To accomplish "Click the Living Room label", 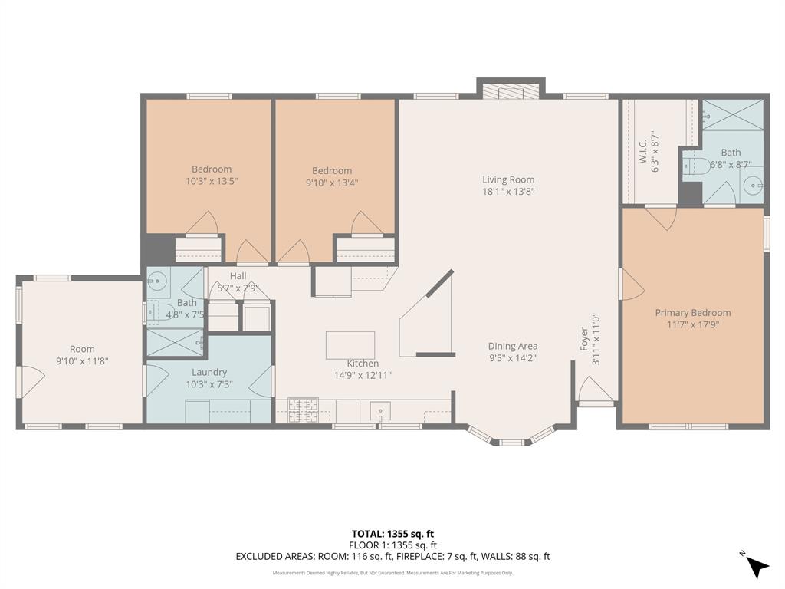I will (508, 179).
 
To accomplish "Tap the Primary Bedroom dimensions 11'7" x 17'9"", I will (692, 324).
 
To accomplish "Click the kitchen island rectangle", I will (350, 344).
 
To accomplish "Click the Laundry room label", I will (209, 373).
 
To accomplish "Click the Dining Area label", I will (513, 346).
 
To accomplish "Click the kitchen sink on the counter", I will (381, 412).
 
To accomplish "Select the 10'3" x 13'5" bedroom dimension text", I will (212, 182).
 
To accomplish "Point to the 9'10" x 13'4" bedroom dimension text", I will (332, 183).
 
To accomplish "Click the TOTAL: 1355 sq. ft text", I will (392, 534).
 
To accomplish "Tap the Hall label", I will (238, 276).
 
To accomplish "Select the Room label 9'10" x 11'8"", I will (82, 360).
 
